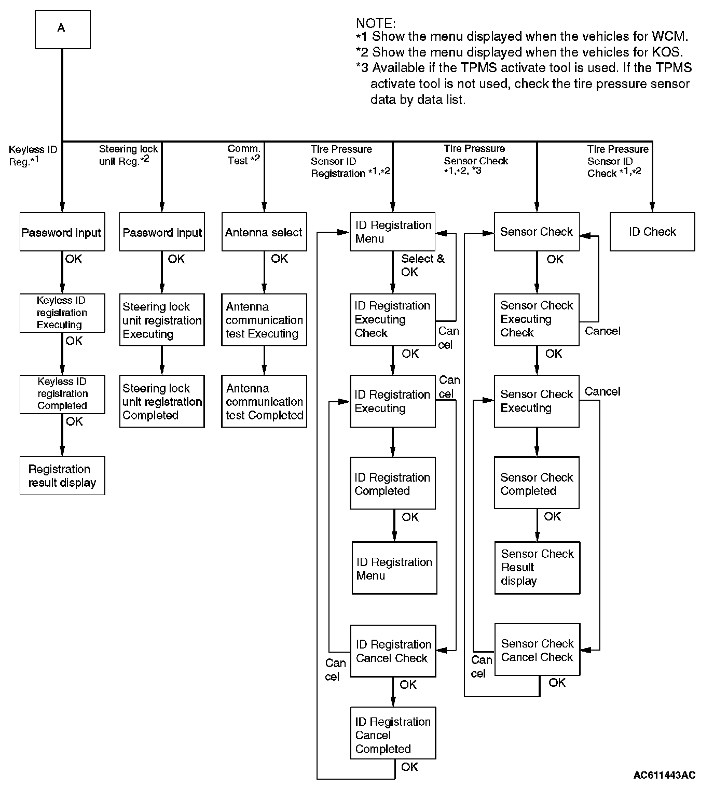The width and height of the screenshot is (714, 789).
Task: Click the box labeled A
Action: coord(62,30)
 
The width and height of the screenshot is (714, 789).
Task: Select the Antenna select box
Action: coord(264,232)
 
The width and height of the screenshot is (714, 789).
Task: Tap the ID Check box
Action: coord(652,232)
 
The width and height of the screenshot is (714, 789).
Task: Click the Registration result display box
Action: coord(62,475)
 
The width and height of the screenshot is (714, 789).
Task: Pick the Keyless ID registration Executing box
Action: coord(62,313)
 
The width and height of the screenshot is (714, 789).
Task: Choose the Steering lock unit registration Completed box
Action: coord(162,401)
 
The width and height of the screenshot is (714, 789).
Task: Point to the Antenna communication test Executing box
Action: coord(264,320)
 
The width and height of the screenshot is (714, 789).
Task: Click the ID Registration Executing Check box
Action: coord(392,319)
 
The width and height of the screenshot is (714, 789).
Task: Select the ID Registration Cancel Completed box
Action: coord(393,735)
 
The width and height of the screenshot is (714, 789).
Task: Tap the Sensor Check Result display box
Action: coord(537,568)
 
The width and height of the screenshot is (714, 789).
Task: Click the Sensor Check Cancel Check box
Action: coord(537,650)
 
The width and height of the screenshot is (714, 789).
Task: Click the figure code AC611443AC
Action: coord(664,775)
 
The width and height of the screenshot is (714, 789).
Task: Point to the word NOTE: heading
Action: coord(376,23)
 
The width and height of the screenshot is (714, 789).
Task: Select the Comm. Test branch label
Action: coord(244,154)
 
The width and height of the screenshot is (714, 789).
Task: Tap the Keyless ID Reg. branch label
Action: coord(33,155)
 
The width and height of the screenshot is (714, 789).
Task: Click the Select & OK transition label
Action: coord(422,265)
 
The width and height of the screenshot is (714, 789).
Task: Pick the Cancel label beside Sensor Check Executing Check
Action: coord(602,331)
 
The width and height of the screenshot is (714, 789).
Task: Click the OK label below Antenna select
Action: coord(279,258)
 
